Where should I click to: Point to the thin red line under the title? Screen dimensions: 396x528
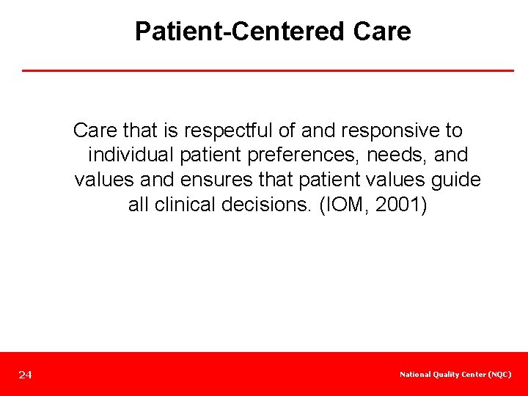[x=268, y=70]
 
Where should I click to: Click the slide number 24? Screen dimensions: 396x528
[x=26, y=375]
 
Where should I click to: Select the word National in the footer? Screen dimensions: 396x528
[x=415, y=375]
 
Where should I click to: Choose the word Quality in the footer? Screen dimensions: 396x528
[x=447, y=375]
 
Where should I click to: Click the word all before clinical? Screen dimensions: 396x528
[x=138, y=205]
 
